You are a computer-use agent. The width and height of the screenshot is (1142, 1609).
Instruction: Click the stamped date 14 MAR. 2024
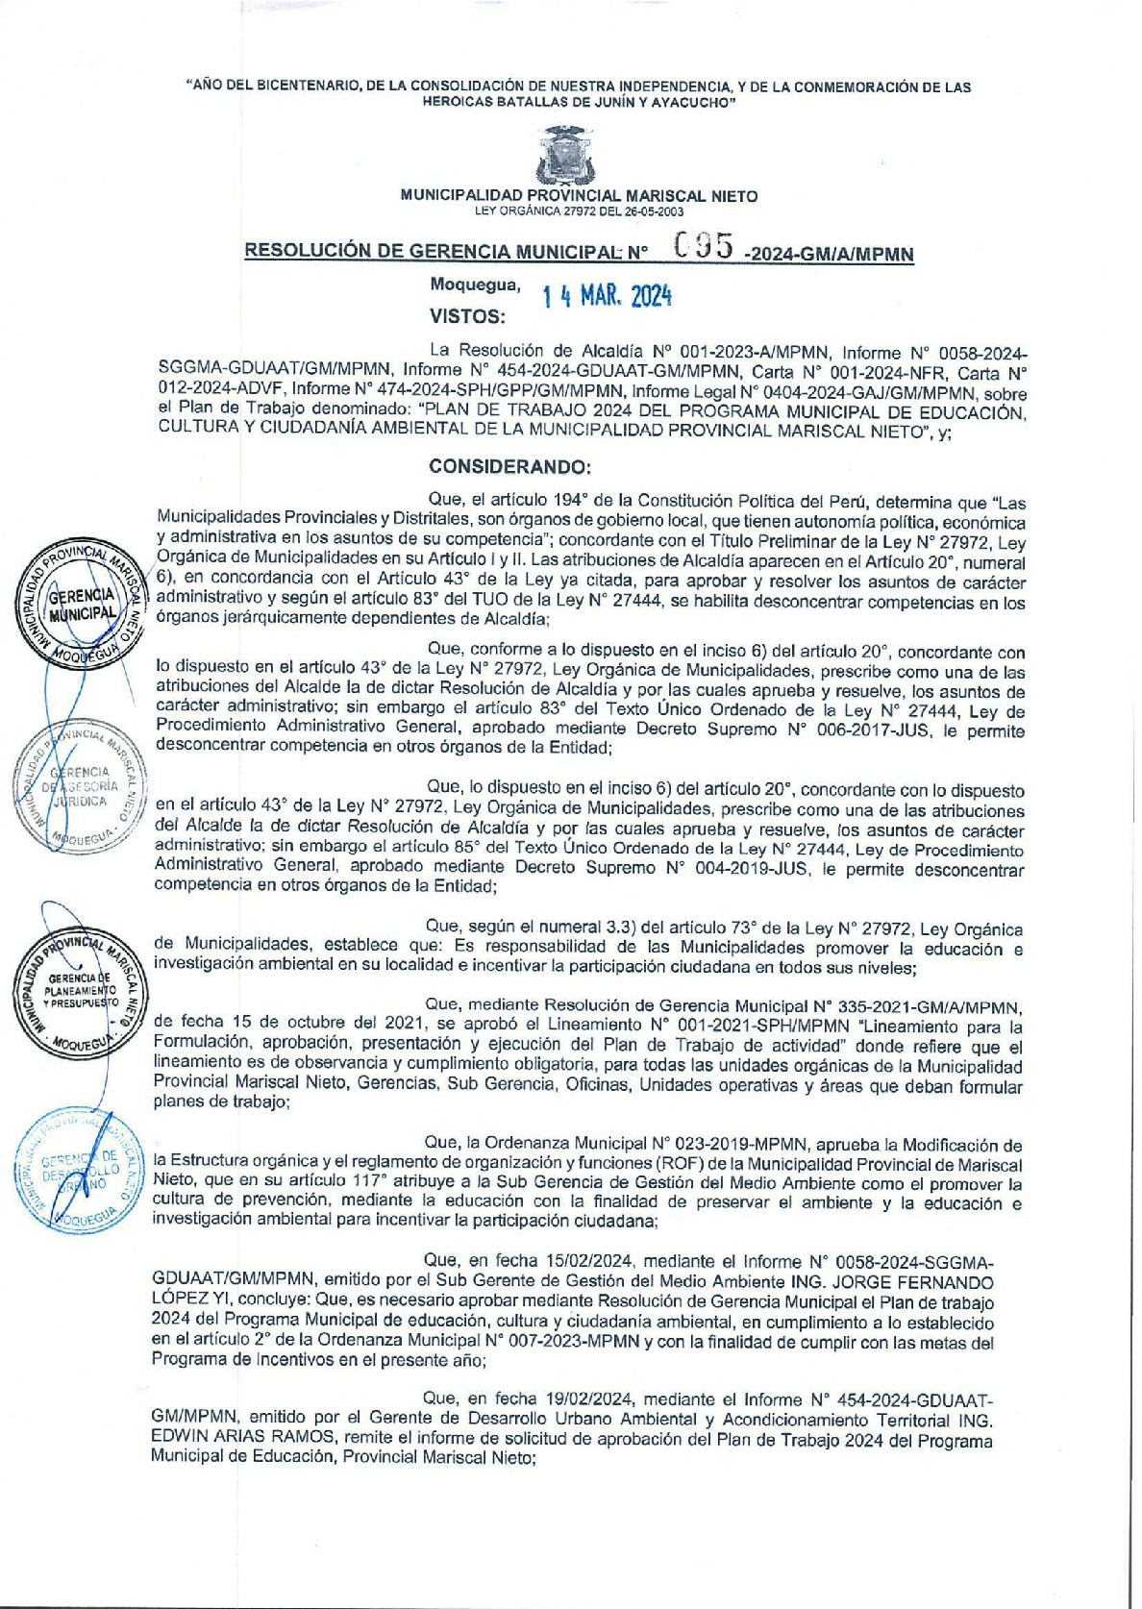tap(608, 296)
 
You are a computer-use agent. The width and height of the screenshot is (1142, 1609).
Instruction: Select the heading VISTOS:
tap(467, 316)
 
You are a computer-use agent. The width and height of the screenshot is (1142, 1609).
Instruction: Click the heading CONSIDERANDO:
tap(509, 467)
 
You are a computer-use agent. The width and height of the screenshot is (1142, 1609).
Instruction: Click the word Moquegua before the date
tap(475, 285)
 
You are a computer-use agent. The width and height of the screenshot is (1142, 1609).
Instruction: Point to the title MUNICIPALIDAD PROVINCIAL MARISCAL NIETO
tap(579, 196)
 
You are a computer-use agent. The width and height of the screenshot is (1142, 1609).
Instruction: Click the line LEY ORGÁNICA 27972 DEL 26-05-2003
tap(579, 210)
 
